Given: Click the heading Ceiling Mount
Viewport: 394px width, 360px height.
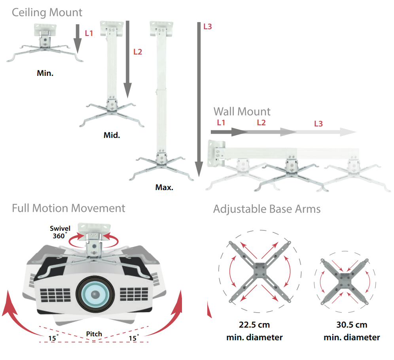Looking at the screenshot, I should pos(47,12).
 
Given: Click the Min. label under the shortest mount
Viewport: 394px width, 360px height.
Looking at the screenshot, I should pos(45,73).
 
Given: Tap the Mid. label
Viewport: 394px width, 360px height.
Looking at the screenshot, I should pos(112,135).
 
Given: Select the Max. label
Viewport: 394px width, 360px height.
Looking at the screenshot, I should pos(164,187).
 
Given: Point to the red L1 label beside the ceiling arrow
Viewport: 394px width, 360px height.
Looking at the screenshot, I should pos(89,33).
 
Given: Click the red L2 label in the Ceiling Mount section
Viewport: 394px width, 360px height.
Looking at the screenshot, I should pos(137,51).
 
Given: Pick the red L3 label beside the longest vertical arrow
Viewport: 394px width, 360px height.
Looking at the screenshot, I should pos(207,27).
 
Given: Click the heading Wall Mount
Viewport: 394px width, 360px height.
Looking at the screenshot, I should pos(242,111).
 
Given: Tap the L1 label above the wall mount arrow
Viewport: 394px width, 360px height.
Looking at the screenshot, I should pos(221,123).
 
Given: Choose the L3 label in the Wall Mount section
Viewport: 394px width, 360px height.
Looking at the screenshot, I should pos(318,124).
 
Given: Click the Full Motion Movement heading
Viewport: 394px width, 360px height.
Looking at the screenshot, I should pos(68,208).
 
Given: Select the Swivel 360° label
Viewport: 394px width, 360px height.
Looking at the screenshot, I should pos(60,232).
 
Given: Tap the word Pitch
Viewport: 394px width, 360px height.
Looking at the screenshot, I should pos(94,334).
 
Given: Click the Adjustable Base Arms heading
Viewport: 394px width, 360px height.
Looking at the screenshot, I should pos(267,209).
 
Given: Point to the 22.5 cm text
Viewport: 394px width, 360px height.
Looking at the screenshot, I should pos(254,325).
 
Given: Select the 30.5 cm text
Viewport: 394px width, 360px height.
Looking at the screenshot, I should pos(351,325).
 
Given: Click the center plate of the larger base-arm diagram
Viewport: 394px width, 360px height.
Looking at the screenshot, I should pos(260,271).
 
